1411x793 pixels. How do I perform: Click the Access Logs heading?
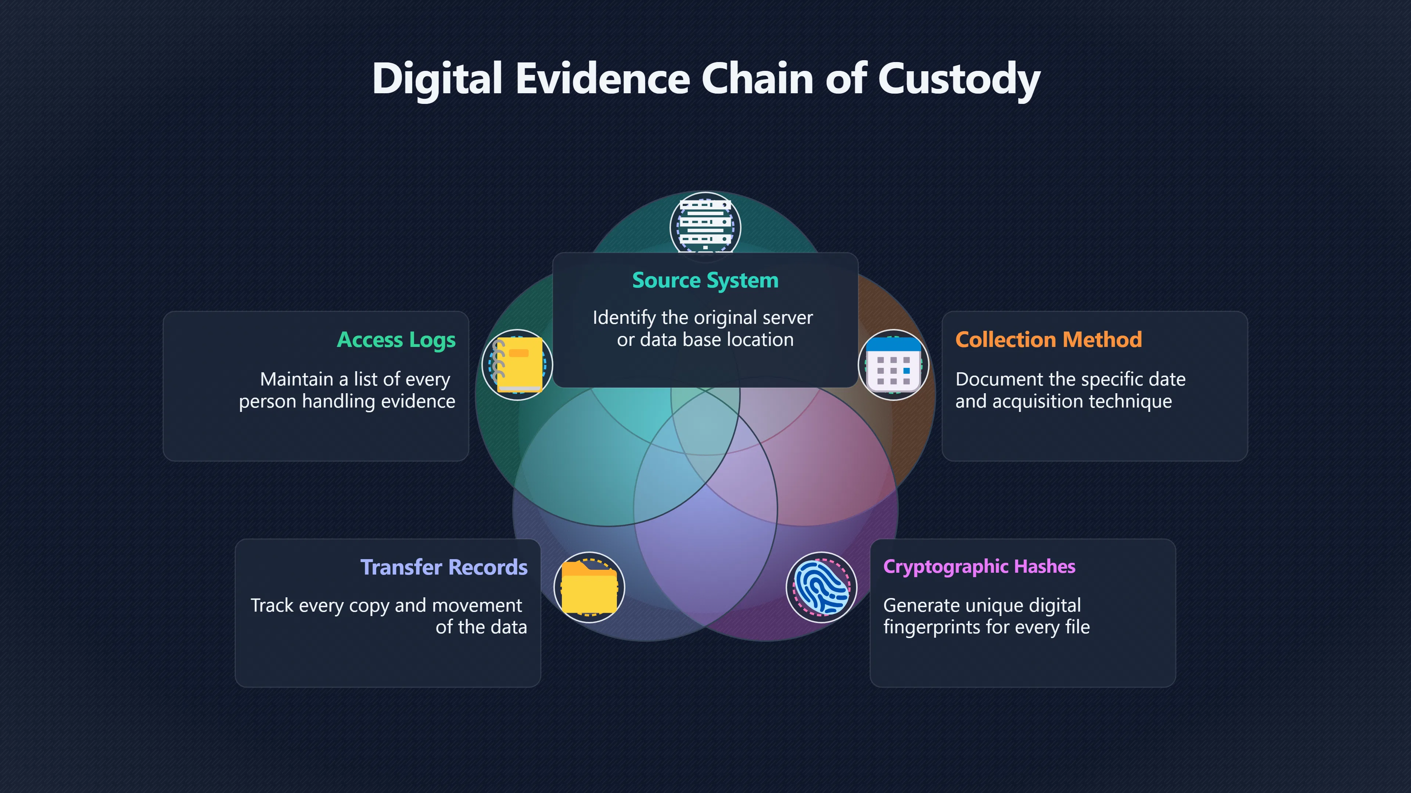396,340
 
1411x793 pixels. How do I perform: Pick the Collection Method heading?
1048,340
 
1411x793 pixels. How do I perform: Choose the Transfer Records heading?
444,567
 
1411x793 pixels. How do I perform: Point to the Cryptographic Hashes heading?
979,567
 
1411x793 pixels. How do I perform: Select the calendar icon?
893,365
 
